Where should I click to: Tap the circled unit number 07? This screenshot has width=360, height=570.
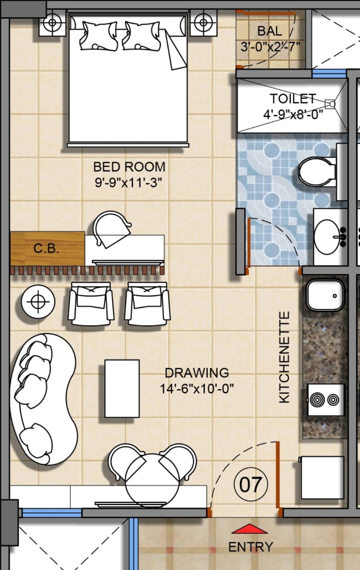point(251,485)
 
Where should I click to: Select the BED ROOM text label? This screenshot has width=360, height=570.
point(129,167)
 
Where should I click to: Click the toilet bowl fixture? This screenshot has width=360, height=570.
point(317,172)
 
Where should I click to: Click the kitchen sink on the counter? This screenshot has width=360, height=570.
point(325,295)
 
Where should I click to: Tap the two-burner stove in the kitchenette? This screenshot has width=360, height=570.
point(326,400)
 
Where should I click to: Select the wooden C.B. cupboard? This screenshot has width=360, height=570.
point(47,248)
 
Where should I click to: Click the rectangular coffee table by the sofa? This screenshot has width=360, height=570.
point(122,389)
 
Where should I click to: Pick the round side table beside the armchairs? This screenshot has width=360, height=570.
point(38,302)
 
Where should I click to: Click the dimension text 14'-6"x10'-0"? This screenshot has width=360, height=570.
point(197,389)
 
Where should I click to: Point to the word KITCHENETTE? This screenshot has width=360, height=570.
point(284,357)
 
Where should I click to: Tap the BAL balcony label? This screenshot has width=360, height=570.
point(270,31)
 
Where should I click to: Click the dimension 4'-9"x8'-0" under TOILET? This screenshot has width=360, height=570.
point(293,114)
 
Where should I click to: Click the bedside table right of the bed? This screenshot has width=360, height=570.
point(203,22)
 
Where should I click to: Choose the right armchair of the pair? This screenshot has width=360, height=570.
point(147,303)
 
